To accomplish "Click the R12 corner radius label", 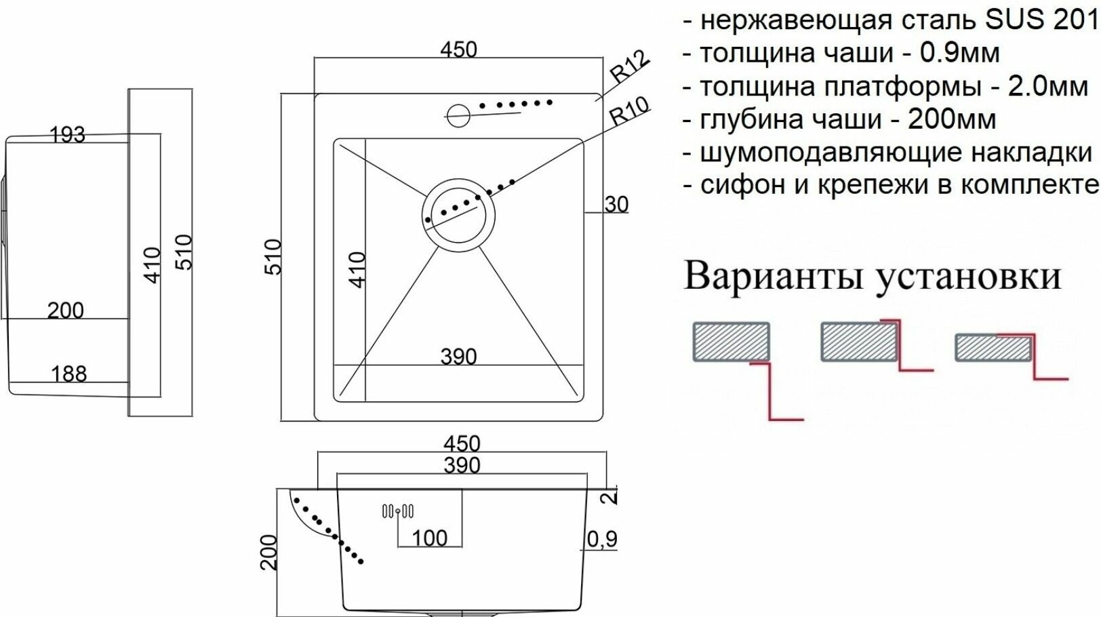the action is [x=629, y=66].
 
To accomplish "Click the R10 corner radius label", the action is [x=629, y=111].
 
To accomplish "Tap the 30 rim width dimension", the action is [x=616, y=204].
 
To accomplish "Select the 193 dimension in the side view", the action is [x=68, y=135].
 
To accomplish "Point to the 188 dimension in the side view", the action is [x=68, y=374].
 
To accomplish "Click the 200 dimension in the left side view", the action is [x=66, y=311].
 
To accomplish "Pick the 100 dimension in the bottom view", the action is [x=430, y=538].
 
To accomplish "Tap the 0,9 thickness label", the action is [x=602, y=539].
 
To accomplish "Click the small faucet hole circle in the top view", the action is [x=458, y=115].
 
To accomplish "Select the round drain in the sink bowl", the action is [x=458, y=215].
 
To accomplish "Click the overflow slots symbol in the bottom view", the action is [x=398, y=511].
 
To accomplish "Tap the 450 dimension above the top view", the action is [x=458, y=49].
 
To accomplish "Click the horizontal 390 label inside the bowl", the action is [x=458, y=357].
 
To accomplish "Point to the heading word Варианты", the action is [x=772, y=277].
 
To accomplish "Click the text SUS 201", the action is [x=1041, y=20].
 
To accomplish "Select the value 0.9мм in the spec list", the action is [x=959, y=53].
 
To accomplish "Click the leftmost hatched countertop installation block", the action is [x=731, y=341].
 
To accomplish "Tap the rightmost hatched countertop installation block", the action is [x=993, y=348].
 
